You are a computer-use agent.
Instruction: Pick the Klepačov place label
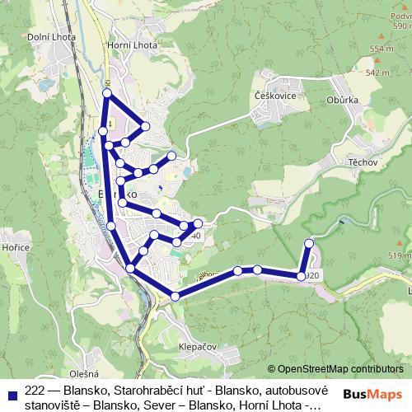(197, 347)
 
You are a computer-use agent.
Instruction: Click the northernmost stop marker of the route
(106, 93)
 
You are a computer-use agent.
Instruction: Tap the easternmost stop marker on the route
(310, 243)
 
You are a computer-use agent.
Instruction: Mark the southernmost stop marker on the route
(176, 296)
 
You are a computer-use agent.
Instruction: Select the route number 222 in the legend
(35, 390)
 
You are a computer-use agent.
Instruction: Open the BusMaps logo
(372, 394)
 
